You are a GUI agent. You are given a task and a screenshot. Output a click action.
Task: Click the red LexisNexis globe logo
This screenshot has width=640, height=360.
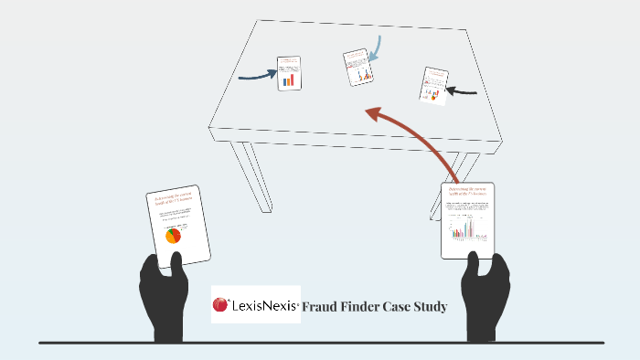tap(220, 304)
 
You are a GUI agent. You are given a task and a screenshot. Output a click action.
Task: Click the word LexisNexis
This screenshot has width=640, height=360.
tap(264, 306)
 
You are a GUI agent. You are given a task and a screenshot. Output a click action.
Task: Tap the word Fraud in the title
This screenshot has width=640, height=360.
tap(322, 307)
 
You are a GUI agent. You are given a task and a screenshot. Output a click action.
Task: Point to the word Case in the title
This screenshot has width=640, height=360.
tap(406, 307)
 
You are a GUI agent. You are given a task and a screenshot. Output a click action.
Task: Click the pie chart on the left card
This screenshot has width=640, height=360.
tap(173, 236)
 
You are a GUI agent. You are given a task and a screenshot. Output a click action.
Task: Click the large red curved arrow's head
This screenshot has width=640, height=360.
tap(372, 114)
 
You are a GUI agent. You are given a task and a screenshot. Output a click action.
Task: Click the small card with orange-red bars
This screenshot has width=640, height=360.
tap(290, 72)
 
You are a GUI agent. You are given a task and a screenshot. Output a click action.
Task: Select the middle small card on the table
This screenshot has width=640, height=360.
tap(357, 67)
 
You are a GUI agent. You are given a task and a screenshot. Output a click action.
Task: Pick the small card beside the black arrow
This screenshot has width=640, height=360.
tap(434, 84)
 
